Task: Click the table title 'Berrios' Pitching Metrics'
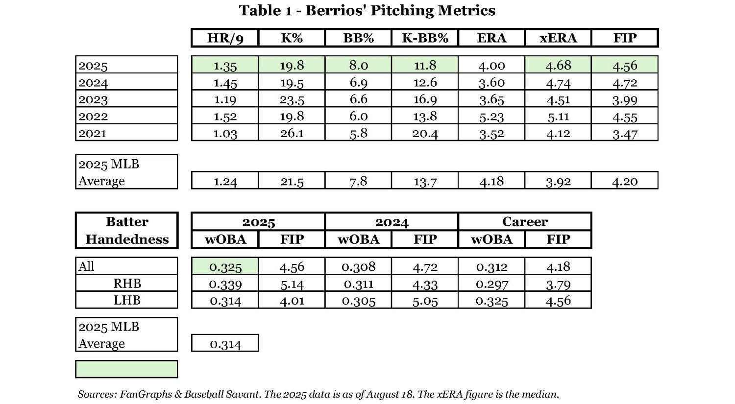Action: [367, 10]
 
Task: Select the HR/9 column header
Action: [225, 38]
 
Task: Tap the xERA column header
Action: [558, 38]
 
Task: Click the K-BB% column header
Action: [425, 38]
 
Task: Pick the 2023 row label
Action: [93, 99]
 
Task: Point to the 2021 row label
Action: [93, 133]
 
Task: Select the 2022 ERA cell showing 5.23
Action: [491, 117]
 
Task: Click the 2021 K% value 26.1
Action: [292, 133]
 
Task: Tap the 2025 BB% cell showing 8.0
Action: [358, 65]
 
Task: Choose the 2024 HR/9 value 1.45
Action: [225, 82]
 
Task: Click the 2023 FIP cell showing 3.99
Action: [625, 99]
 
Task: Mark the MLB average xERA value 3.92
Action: [558, 181]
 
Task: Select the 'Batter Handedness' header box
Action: [127, 230]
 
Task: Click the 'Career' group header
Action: [525, 221]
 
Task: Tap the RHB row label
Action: [127, 283]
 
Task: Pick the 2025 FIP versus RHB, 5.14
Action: [292, 284]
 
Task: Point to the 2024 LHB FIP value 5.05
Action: [425, 300]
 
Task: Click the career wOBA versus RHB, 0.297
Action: [491, 284]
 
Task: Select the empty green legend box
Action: [126, 369]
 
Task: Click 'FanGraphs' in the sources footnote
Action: [144, 394]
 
